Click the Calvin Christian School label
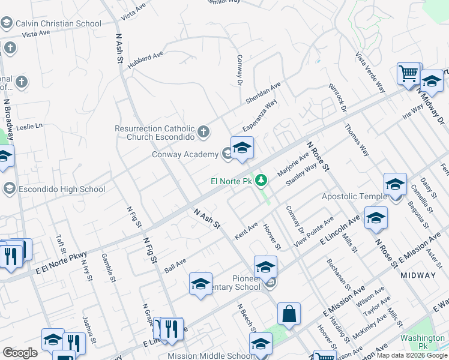(58, 24)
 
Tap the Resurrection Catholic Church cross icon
(204, 131)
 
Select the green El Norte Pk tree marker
(261, 180)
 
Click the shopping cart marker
(409, 73)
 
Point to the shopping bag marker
(289, 313)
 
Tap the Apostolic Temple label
(355, 197)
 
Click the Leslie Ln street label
(30, 127)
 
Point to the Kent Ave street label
(246, 232)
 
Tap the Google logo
(20, 353)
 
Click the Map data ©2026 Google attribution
(412, 355)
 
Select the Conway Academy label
(185, 155)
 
